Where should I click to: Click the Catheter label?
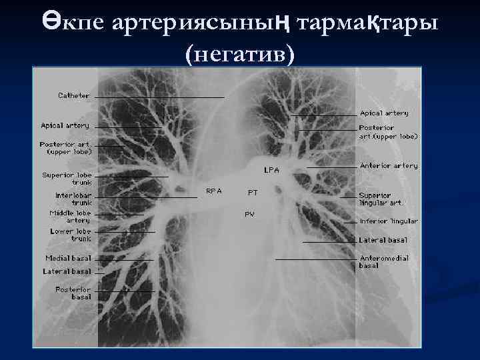click(x=73, y=96)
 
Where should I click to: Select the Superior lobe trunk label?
click(x=67, y=179)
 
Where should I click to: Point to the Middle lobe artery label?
click(x=70, y=217)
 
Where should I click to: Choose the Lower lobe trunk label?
click(x=71, y=235)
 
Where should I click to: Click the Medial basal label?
click(x=68, y=258)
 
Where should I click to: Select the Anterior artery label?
click(x=389, y=166)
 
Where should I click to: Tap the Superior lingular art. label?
click(x=380, y=199)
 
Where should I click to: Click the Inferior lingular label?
click(x=389, y=221)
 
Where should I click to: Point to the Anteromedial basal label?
click(x=383, y=261)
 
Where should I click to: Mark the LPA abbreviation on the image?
click(x=271, y=170)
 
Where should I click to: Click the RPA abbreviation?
click(x=213, y=191)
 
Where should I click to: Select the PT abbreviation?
click(x=253, y=193)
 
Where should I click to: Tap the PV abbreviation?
click(x=249, y=214)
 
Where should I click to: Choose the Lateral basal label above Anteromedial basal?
click(x=383, y=240)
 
